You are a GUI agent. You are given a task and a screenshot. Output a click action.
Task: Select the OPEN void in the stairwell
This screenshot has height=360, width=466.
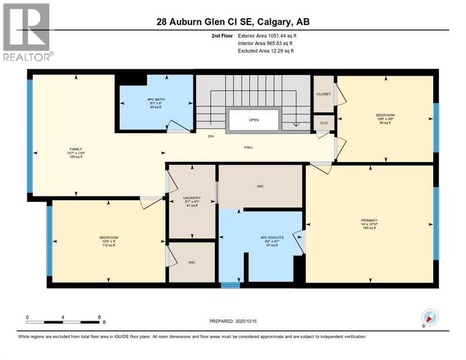pos(254,120)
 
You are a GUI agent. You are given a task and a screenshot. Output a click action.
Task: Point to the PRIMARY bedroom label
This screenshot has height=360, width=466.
pos(369,220)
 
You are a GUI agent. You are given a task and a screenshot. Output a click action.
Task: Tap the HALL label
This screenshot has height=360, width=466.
pos(248,147)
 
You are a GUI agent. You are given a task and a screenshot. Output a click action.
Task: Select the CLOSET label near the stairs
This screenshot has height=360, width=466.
pos(323,94)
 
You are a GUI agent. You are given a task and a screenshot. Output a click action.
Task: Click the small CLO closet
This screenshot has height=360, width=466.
pos(323,122)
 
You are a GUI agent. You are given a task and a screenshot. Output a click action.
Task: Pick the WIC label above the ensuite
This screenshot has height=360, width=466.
pos(260,186)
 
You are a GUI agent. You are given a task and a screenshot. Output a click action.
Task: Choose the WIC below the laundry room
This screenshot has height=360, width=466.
pos(192,262)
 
